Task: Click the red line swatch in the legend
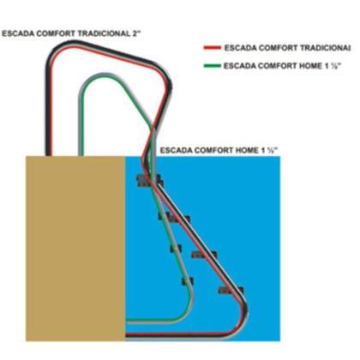click(213, 48)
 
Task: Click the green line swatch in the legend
click(213, 66)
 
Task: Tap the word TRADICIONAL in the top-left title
click(104, 33)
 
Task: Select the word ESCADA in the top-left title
click(18, 33)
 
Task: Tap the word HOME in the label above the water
click(247, 150)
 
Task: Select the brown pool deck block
click(75, 249)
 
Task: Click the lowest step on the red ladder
click(231, 291)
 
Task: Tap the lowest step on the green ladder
click(188, 281)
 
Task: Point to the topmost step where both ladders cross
click(149, 181)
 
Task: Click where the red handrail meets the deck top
click(49, 155)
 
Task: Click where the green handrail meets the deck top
click(81, 155)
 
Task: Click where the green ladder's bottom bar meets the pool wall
click(127, 321)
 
